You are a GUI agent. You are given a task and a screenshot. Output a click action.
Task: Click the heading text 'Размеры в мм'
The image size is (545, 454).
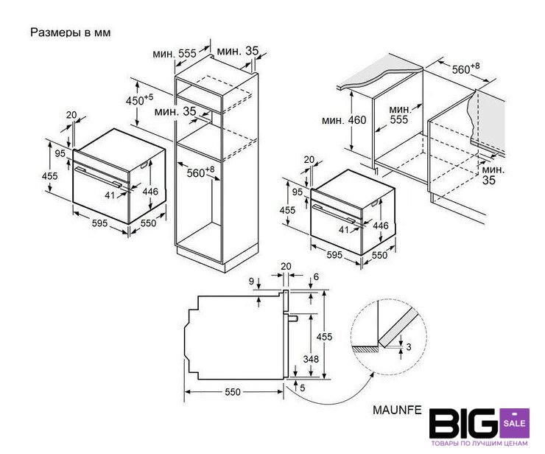coord(71,32)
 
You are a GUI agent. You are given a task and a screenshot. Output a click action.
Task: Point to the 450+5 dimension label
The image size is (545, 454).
coord(139,99)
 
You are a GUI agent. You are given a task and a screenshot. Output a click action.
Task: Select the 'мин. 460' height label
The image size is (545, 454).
coord(344,120)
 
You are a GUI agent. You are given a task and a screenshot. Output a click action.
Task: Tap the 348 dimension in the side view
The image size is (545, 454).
coord(311,359)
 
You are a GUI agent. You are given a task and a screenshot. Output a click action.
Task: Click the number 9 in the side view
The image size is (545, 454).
coord(252,281)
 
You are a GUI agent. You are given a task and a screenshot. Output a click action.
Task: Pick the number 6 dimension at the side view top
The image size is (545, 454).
coord(316,276)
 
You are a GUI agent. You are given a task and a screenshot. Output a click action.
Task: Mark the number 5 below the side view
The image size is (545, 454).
coord(303,388)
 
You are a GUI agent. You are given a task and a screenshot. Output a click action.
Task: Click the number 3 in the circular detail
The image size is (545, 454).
coord(409,347)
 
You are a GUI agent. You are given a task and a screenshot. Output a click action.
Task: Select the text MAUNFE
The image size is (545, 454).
coord(397,410)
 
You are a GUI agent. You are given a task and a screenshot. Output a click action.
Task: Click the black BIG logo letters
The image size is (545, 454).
coord(464,423)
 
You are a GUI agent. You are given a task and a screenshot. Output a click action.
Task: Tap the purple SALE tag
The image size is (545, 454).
coord(514,423)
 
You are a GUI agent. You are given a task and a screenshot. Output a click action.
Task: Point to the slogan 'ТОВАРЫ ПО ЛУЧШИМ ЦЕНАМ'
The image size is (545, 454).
coord(479,443)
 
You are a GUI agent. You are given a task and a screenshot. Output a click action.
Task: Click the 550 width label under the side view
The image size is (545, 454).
coord(233,392)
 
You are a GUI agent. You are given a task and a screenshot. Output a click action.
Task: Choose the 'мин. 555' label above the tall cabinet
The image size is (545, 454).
coord(175,54)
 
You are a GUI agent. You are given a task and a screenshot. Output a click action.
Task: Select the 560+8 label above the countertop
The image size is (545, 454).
coord(465,69)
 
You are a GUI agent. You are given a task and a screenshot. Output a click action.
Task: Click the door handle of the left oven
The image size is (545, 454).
coord(99,178)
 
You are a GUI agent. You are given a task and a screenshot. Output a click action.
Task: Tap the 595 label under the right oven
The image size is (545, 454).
coord(334,255)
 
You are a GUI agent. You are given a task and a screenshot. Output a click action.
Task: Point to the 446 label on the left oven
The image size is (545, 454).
coord(150,192)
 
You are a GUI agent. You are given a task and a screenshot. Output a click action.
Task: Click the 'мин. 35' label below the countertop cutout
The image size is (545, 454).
coord(493,175)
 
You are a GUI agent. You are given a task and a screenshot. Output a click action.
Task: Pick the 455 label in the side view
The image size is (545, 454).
coord(324,336)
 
